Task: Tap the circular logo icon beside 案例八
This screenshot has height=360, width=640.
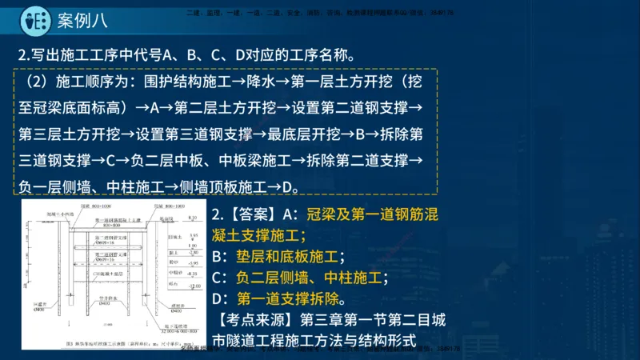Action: point(33,19)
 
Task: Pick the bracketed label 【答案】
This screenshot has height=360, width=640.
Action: point(250,214)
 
